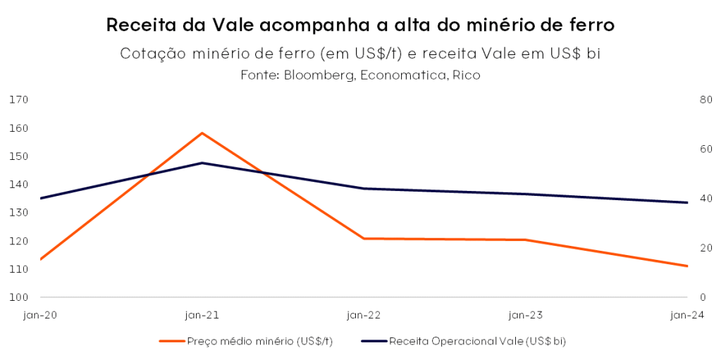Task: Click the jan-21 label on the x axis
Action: point(202,315)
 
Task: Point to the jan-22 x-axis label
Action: point(364,315)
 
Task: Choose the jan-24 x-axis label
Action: point(687,315)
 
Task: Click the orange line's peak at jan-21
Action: point(202,132)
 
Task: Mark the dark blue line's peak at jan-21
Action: point(202,163)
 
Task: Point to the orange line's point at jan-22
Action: point(364,239)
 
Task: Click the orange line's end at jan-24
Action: point(687,266)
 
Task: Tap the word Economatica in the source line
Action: point(400,75)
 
